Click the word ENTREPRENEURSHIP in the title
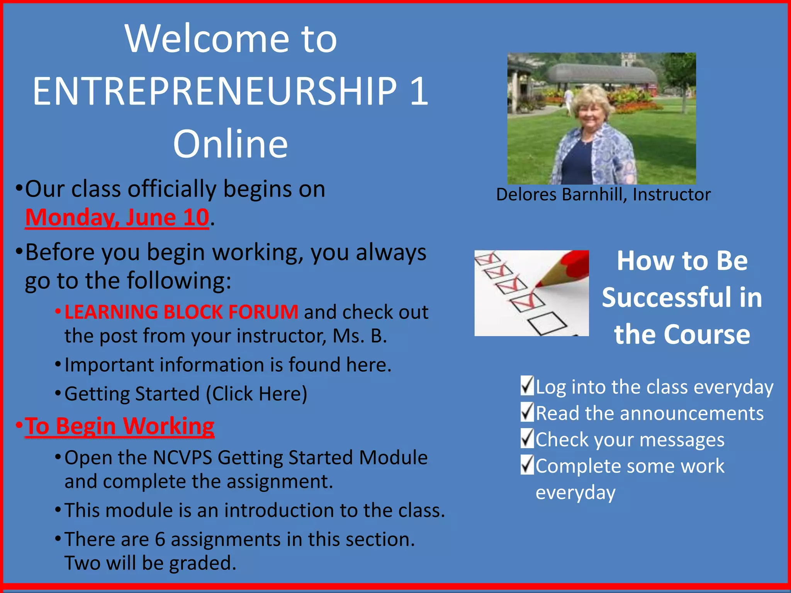point(215,91)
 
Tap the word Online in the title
point(230,144)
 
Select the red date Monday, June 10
point(117,217)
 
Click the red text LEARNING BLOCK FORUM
point(181,312)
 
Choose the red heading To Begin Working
point(119,426)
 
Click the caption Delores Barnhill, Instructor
point(603,194)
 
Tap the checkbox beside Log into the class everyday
point(527,386)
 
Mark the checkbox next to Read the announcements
point(527,412)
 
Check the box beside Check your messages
point(527,439)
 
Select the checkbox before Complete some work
point(527,465)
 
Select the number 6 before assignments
point(160,539)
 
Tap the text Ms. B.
point(360,336)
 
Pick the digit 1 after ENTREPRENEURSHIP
point(419,91)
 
